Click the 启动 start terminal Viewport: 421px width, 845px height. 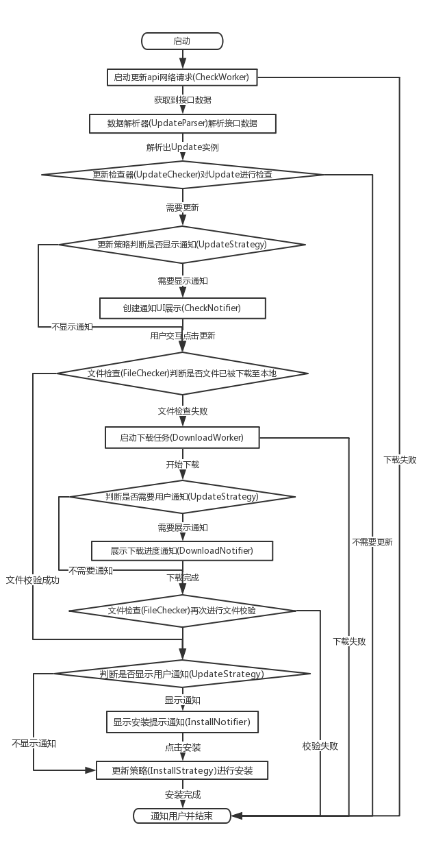coord(182,41)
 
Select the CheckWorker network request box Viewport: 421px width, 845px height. coord(182,77)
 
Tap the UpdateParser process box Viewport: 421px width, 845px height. coord(182,123)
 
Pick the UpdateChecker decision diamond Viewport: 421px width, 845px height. coord(182,175)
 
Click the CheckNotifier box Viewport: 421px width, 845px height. coord(182,308)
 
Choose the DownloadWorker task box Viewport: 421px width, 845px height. coord(182,437)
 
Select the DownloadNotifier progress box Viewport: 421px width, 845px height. coord(182,550)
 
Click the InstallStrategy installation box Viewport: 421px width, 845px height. coord(182,771)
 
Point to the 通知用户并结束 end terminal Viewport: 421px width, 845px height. coord(182,816)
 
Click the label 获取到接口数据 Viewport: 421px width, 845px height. coord(182,100)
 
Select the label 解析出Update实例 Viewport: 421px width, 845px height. coord(182,147)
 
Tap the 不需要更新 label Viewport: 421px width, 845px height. coord(372,542)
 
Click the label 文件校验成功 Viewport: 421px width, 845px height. coord(33,580)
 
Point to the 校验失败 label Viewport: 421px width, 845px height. coord(320,746)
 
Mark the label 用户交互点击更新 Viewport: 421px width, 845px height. coord(183,336)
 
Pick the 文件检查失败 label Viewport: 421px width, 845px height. coord(183,411)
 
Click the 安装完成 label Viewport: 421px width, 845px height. coord(183,795)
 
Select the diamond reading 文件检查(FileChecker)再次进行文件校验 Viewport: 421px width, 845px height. coord(182,611)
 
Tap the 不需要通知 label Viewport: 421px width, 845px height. coord(90,570)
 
